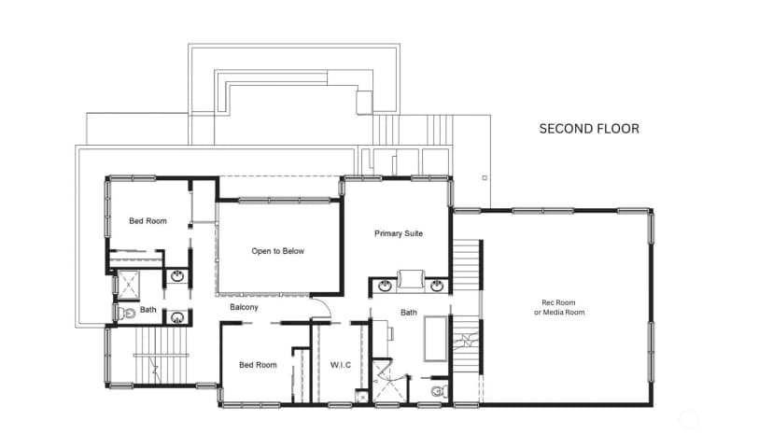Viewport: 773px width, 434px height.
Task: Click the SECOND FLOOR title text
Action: [x=589, y=129]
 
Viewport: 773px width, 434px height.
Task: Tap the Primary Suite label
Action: [x=399, y=233]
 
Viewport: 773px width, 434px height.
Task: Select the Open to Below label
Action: [x=277, y=251]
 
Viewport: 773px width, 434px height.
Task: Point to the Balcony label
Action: [x=244, y=307]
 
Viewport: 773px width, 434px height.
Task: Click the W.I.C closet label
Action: [x=341, y=365]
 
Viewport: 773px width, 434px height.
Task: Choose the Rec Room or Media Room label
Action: [x=559, y=307]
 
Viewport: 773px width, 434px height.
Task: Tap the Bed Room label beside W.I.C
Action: [x=258, y=365]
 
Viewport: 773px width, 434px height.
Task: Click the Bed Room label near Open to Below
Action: [x=148, y=221]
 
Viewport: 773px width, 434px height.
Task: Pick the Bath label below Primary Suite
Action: [x=409, y=313]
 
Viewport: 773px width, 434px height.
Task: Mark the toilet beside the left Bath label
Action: [x=127, y=313]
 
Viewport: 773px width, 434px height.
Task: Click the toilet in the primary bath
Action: [x=439, y=392]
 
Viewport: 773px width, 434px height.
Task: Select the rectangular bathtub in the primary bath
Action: [x=436, y=339]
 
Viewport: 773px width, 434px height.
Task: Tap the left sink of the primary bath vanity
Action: [x=385, y=286]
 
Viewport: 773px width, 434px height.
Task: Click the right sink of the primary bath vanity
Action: [x=437, y=286]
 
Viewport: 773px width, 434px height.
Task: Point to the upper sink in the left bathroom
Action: [x=177, y=276]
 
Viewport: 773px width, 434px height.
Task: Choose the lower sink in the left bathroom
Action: [x=177, y=317]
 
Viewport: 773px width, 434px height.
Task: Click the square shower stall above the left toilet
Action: [x=128, y=285]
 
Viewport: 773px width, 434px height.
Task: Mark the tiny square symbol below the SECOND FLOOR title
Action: [x=485, y=178]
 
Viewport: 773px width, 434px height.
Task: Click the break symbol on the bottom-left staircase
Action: [x=155, y=369]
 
